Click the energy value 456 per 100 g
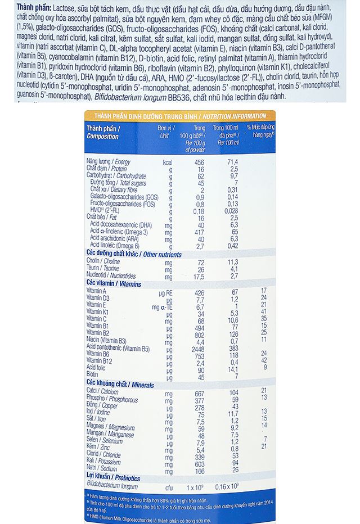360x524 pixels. (x=199, y=162)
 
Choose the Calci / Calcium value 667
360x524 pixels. (x=199, y=391)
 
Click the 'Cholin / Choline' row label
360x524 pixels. (x=103, y=263)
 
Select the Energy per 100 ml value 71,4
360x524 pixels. (x=233, y=162)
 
